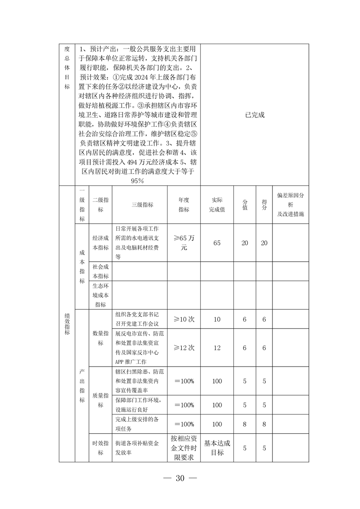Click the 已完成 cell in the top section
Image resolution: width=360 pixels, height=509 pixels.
[x=254, y=115]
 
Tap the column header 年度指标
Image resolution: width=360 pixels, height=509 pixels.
[x=183, y=205]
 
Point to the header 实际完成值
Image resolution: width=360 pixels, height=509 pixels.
[x=217, y=205]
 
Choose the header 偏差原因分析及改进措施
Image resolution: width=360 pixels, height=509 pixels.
[x=291, y=205]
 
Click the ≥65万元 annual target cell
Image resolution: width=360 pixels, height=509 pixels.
[x=183, y=243]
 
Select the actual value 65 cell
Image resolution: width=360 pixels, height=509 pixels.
[x=217, y=243]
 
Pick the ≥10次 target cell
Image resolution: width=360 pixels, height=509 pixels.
[x=183, y=319]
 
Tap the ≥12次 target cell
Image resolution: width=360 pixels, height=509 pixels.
[x=183, y=347]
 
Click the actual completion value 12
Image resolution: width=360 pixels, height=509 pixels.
[x=217, y=347]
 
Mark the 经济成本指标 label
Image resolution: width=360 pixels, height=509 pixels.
[x=100, y=243]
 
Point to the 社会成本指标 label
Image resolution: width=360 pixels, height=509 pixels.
[x=100, y=271]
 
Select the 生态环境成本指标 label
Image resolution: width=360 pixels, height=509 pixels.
[x=100, y=295]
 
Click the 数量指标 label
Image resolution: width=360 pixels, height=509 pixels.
[x=100, y=338]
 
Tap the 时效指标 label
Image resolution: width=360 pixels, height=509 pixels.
[x=100, y=448]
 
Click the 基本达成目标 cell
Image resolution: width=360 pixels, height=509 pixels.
[x=217, y=448]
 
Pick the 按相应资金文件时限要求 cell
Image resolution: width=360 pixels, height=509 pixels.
[x=183, y=448]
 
